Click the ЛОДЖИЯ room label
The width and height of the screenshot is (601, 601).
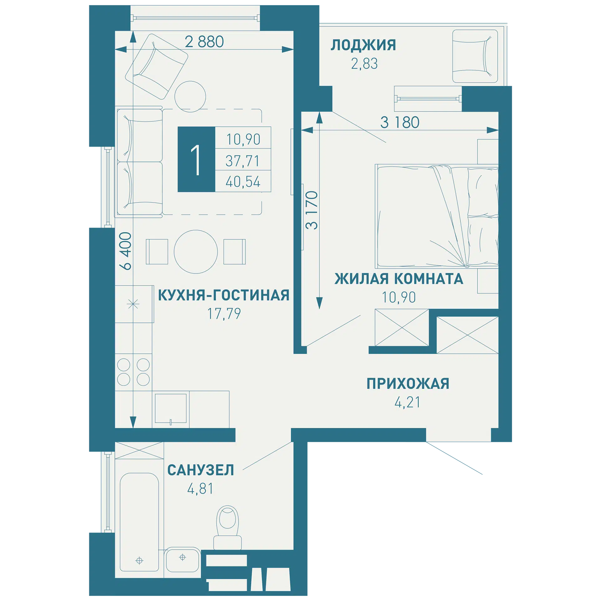coord(363,45)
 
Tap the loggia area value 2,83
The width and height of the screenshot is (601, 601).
coord(364,64)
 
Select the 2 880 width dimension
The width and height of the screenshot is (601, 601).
coord(204,42)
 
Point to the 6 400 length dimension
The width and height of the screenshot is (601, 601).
coord(126,251)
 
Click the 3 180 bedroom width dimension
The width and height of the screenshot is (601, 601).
coord(400,122)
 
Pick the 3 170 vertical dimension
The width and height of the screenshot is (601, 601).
coord(312,210)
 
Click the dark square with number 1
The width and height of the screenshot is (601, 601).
coord(196,159)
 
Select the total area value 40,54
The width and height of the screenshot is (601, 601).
coord(243,182)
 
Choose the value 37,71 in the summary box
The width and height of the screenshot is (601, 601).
coord(243,161)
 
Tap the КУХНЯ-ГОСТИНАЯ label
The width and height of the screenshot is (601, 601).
coord(223,295)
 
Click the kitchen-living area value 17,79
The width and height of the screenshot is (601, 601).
coord(224,314)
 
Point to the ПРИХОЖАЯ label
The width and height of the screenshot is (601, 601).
coord(408,383)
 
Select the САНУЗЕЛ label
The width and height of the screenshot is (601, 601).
coord(201,470)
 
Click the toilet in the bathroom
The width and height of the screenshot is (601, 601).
coord(228,527)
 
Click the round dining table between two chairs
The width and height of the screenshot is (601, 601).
coord(196,252)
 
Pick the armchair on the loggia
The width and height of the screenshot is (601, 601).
coord(475,56)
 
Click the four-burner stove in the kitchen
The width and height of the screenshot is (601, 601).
coord(133,372)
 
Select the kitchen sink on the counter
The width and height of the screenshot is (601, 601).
coord(171,408)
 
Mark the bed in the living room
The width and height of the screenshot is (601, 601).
coord(437,216)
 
